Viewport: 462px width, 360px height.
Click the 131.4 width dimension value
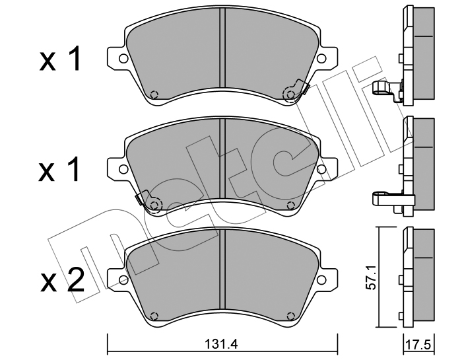pos(220,344)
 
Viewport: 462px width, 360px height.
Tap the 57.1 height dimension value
pos(371,277)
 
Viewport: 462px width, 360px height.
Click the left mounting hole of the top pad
pos(123,58)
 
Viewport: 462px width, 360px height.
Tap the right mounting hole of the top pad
pos(321,58)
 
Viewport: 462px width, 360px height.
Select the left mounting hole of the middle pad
pos(123,169)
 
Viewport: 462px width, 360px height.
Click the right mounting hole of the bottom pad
pos(321,279)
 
